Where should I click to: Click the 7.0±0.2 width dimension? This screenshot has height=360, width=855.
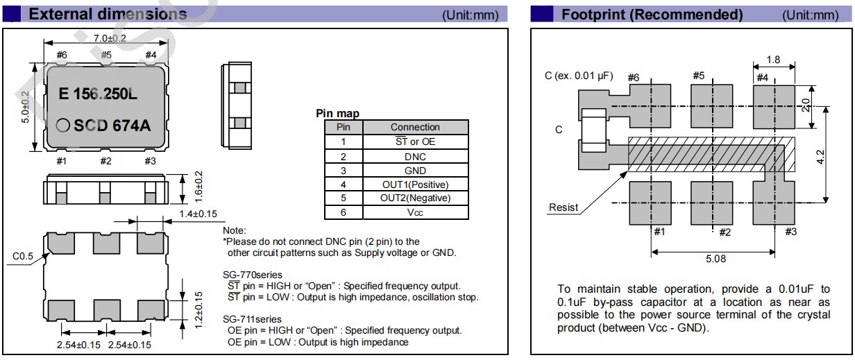coord(105,39)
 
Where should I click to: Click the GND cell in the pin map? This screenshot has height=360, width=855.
coord(415,171)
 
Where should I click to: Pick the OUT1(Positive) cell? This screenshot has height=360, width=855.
coord(415,185)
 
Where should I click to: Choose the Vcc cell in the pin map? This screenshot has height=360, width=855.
coord(415,213)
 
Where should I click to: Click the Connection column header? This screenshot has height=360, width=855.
coord(415,127)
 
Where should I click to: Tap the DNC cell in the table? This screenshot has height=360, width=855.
coord(415,157)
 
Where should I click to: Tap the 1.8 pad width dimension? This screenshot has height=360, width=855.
coord(773,60)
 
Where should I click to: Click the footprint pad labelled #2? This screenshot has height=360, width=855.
coord(712,205)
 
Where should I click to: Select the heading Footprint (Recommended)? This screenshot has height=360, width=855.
coord(652,15)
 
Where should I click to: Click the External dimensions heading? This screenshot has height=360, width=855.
coord(108,15)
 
